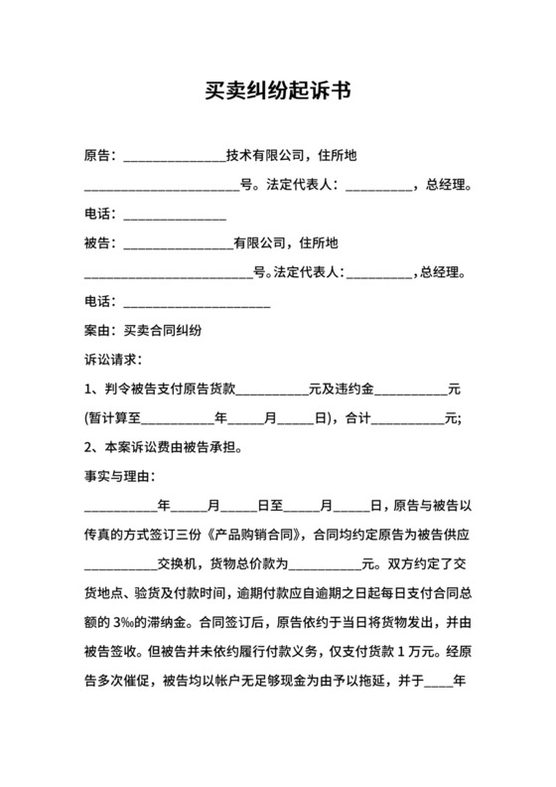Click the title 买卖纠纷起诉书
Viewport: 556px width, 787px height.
277,90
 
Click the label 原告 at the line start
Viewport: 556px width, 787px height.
98,156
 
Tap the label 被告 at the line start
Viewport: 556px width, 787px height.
98,242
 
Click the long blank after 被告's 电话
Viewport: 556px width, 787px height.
196,301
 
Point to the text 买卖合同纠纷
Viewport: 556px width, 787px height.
164,330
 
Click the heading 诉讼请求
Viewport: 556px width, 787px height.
111,360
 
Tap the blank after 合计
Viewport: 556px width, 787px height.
406,418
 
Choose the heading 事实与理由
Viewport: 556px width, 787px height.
118,477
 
